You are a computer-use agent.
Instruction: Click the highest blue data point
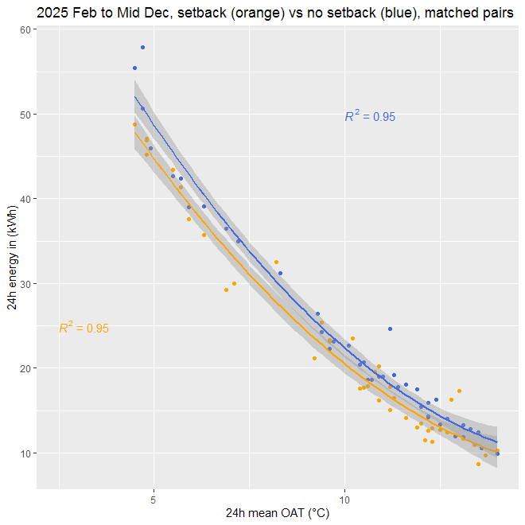142,48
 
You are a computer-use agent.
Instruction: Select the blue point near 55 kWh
134,68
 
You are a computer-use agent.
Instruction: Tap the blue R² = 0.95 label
370,116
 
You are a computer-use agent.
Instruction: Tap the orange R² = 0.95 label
84,328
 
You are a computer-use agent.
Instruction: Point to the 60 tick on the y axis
25,29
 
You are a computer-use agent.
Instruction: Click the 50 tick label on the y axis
25,115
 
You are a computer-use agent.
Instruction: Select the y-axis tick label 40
25,199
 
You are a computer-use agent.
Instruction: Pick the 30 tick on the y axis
25,284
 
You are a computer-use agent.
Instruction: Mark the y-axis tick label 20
25,368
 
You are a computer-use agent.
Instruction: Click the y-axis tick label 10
25,453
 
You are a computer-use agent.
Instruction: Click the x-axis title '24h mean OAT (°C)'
277,514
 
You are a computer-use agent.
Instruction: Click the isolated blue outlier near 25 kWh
391,329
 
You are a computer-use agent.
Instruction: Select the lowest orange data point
478,464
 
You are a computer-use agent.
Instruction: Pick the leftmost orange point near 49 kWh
134,124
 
